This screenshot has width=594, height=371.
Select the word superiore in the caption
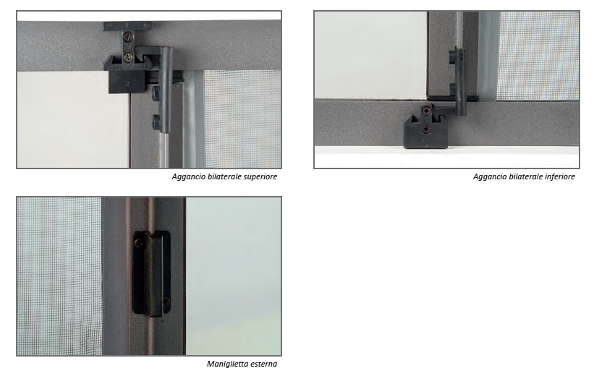point(260,176)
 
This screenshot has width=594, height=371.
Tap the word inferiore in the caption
point(560,176)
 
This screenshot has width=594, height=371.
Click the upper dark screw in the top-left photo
point(129,37)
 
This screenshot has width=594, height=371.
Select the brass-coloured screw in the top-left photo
point(129,57)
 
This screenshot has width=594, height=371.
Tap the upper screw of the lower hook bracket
point(427,111)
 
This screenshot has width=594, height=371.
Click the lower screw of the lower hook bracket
point(427,129)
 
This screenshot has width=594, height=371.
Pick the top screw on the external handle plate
point(139,244)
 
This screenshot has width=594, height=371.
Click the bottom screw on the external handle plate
point(166,302)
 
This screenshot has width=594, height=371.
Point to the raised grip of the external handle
point(154,276)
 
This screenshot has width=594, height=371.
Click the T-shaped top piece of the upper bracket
point(127,26)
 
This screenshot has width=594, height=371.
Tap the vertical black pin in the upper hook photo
point(166,90)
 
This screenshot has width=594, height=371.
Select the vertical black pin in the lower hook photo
point(461,82)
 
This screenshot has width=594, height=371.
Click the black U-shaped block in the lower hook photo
point(425,132)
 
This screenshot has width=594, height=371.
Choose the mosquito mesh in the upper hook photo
point(242,119)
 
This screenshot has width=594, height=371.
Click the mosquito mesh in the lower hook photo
point(538,56)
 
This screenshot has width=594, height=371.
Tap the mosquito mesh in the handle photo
point(59,276)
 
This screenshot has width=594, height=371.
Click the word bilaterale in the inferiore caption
point(525,176)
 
